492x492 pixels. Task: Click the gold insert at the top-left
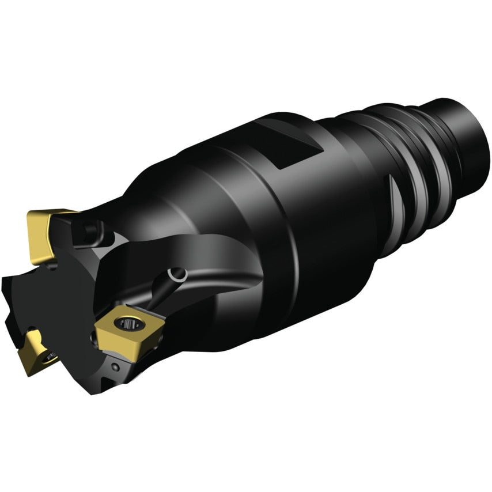click(x=44, y=233)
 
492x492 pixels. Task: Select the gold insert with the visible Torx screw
click(x=128, y=332)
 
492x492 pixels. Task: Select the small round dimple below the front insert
click(x=115, y=366)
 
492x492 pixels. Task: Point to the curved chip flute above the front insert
click(x=190, y=253)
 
